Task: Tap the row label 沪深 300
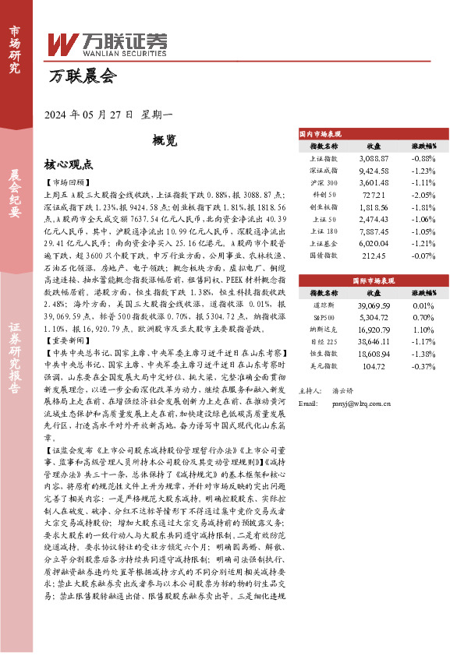click(323, 182)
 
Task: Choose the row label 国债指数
click(323, 256)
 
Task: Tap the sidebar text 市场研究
click(15, 48)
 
